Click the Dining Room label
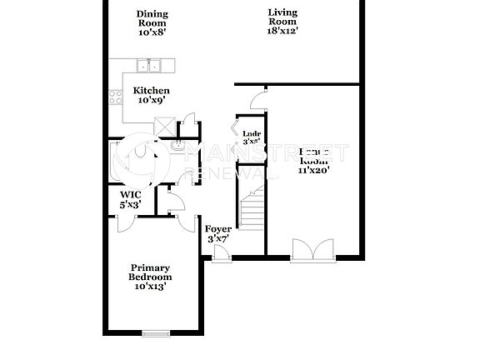click(x=151, y=18)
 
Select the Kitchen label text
click(x=152, y=91)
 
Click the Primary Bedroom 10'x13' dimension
click(x=150, y=286)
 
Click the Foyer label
click(x=217, y=229)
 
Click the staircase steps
click(x=251, y=208)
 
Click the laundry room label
click(x=251, y=133)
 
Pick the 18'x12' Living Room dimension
click(x=283, y=30)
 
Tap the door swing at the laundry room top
click(x=259, y=101)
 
